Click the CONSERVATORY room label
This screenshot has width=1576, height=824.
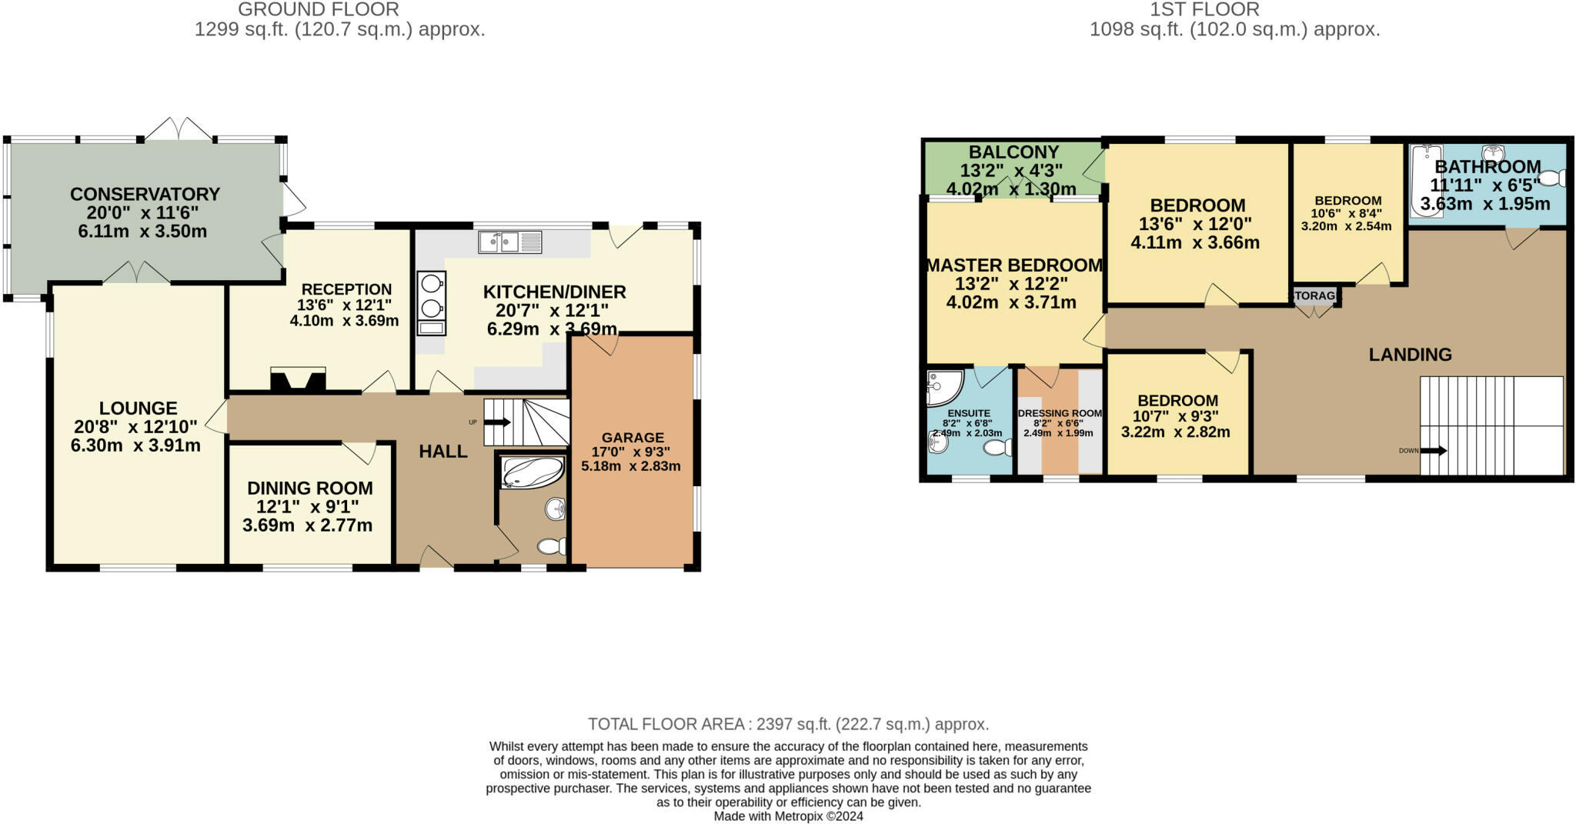[145, 194]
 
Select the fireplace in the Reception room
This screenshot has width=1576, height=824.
[298, 381]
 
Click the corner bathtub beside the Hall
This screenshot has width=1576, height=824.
[530, 472]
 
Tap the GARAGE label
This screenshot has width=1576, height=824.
[632, 437]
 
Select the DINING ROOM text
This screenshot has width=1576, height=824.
[309, 488]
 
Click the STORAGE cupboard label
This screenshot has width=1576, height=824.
[1315, 295]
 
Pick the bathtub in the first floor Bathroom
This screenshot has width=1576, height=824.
[1426, 182]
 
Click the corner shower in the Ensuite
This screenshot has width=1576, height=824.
[943, 388]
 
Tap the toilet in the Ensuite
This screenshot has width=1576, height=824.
[997, 448]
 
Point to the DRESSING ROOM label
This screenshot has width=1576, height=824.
[1059, 413]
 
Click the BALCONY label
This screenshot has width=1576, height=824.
[1013, 152]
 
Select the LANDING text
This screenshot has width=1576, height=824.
[1410, 355]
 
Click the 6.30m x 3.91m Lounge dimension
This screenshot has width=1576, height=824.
[135, 445]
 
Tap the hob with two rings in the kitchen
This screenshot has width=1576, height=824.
[432, 295]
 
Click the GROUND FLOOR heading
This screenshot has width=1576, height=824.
[319, 10]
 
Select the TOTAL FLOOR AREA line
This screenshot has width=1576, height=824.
[788, 724]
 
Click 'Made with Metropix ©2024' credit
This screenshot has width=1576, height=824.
[788, 816]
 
